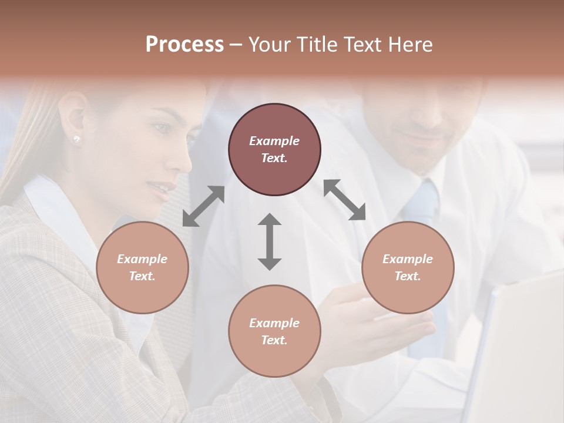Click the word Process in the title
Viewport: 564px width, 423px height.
(184, 45)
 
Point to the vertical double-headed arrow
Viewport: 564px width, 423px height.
(270, 241)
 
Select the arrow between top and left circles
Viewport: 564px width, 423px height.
(203, 206)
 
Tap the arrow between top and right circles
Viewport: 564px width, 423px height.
(345, 200)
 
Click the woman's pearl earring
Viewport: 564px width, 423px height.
(76, 139)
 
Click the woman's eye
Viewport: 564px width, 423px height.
(160, 127)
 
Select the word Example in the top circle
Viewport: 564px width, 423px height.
(274, 141)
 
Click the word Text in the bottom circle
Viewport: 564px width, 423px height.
(274, 340)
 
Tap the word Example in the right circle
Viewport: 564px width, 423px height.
(408, 259)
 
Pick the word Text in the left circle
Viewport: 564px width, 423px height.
(142, 276)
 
